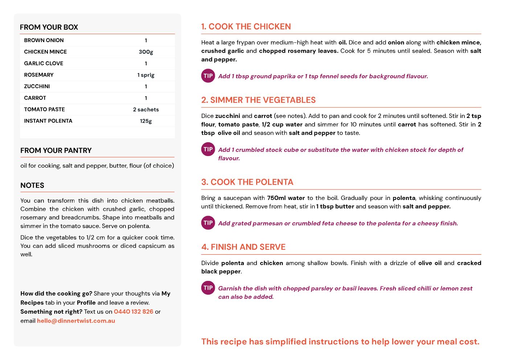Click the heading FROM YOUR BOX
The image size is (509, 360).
tap(49, 27)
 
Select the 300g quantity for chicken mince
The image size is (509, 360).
tap(146, 52)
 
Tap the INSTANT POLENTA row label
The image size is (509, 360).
tap(48, 121)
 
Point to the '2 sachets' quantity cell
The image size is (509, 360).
tap(146, 110)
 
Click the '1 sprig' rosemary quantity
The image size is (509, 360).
tap(146, 75)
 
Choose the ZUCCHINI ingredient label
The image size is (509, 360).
tap(37, 86)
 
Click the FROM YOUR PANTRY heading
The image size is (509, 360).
tap(56, 151)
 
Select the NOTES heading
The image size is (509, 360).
tap(32, 185)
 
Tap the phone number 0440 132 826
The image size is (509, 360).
tap(134, 312)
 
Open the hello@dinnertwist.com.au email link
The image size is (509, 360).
tap(76, 321)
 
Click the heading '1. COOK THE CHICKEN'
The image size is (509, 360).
tap(246, 26)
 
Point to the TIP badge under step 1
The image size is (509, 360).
tap(208, 76)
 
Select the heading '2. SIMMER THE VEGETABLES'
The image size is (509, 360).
tap(258, 100)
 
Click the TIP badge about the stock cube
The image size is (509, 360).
tap(208, 149)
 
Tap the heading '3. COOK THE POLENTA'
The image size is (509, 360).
tap(247, 182)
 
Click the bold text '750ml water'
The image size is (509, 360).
tap(286, 198)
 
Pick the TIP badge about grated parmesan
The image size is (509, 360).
tap(208, 223)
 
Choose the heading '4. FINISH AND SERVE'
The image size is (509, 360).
tap(243, 247)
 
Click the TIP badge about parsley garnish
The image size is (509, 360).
tap(208, 288)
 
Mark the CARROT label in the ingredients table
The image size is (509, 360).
tap(35, 98)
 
